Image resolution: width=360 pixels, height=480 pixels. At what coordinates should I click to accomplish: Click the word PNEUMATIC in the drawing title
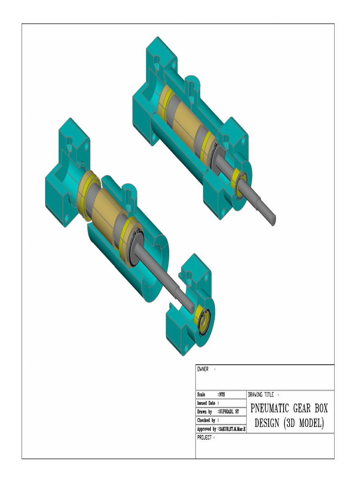[270, 407]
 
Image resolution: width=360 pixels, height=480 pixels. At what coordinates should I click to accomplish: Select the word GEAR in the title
[304, 407]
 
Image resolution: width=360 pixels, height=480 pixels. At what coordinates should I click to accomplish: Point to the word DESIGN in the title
[267, 423]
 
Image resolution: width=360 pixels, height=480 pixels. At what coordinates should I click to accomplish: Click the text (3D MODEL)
[304, 423]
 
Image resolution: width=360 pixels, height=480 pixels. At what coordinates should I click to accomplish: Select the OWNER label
[202, 369]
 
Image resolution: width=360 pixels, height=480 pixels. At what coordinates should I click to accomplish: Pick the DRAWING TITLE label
[261, 395]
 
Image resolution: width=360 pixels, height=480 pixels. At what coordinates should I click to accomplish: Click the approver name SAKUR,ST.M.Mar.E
[232, 429]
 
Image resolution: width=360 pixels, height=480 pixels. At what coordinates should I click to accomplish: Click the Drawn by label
[204, 412]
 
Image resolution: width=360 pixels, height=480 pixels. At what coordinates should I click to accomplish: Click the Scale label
[201, 395]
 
